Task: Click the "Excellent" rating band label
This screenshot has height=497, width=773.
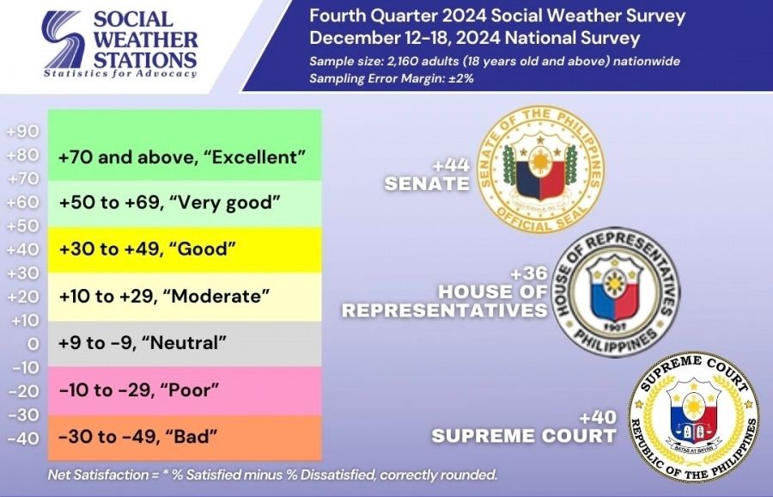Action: point(182,158)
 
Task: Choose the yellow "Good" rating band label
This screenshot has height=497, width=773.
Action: point(147,249)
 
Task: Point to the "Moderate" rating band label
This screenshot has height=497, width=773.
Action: point(164,296)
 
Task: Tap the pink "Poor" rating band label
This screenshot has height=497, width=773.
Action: point(139,390)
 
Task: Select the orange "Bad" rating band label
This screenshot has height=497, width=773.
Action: point(137,436)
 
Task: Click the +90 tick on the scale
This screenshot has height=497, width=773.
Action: point(22,132)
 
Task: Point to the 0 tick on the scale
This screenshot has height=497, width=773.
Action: point(33,344)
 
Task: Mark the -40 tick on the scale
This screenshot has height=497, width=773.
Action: point(22,438)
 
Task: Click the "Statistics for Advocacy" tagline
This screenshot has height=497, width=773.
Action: point(120,74)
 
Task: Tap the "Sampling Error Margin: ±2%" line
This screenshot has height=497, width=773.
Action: point(393,77)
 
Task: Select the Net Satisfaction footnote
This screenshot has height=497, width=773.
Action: point(272,475)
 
